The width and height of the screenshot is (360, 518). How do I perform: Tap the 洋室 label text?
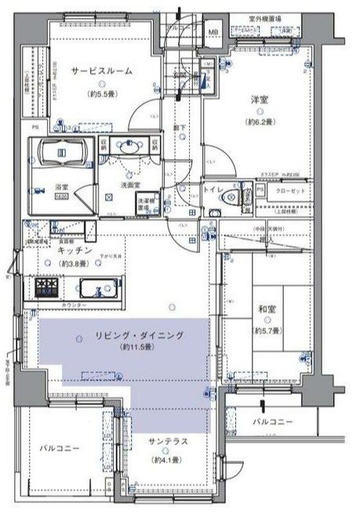(x=261, y=100)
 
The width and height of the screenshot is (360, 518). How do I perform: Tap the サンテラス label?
(x=168, y=441)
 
